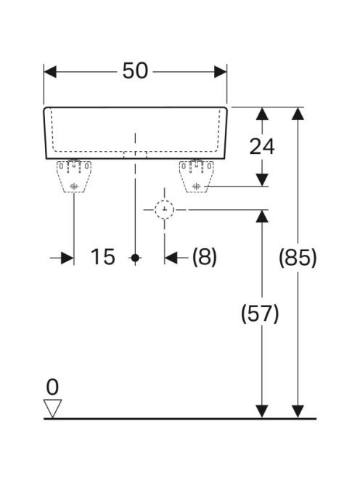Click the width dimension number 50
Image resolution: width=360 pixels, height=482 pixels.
pyautogui.click(x=135, y=71)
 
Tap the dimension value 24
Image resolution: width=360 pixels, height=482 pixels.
pyautogui.click(x=262, y=147)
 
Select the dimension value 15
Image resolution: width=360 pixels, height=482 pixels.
pyautogui.click(x=103, y=257)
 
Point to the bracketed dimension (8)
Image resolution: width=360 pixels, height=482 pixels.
pyautogui.click(x=205, y=257)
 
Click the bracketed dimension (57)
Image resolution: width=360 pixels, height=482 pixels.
pyautogui.click(x=260, y=314)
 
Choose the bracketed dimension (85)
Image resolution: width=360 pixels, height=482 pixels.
pyautogui.click(x=298, y=257)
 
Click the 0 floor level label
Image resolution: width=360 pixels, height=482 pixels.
pyautogui.click(x=52, y=387)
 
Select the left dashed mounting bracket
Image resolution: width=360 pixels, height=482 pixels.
pyautogui.click(x=74, y=176)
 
